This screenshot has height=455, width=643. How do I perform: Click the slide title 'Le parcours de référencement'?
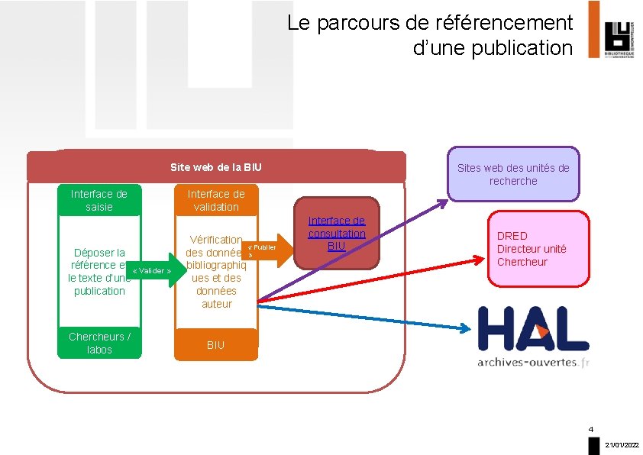coord(429,24)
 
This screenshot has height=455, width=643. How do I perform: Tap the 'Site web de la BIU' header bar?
coord(216,166)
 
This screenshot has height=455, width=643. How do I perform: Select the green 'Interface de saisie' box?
coord(99,200)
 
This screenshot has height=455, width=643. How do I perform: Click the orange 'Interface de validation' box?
coord(216,200)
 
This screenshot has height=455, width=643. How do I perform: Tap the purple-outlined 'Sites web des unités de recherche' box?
coord(513,174)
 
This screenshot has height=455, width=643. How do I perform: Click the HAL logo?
coord(533,330)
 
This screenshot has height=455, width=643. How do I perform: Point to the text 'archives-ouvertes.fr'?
coord(533,362)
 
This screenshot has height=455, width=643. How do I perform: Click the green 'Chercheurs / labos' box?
coord(99,344)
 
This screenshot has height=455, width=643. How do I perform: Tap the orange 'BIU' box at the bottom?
coord(216,345)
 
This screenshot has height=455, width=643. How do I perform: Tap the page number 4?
coord(591,428)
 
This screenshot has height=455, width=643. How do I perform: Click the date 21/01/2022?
coord(622,444)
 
